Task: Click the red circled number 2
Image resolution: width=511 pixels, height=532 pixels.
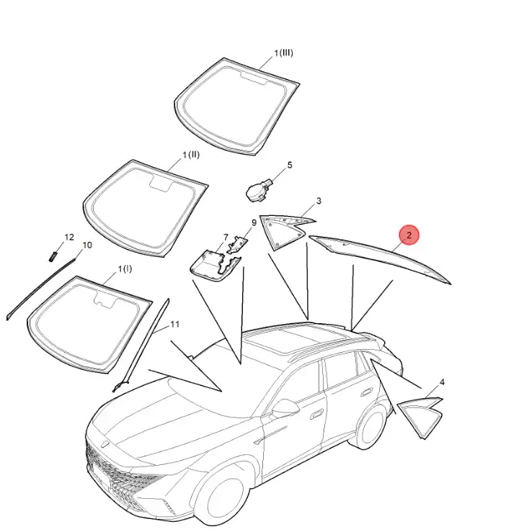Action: pos(409,235)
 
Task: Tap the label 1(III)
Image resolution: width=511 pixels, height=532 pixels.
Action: pos(284,53)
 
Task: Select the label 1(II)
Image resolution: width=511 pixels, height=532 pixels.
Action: pos(191,155)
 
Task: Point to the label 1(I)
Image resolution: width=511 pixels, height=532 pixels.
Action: pos(125,269)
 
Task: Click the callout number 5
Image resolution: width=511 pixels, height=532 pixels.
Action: pos(290,166)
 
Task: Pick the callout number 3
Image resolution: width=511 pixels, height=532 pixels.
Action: pos(319,201)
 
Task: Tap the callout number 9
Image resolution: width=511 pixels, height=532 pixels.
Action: pos(254,223)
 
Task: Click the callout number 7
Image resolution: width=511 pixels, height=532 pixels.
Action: pos(226,237)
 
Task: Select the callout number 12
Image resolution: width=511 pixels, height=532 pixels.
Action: pos(69,237)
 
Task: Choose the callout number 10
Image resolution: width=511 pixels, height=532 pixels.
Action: pos(87,245)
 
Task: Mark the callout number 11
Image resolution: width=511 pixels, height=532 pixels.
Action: pos(174,325)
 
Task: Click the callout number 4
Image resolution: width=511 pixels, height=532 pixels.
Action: pos(442,382)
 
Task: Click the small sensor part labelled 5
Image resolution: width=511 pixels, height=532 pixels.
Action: pos(259,190)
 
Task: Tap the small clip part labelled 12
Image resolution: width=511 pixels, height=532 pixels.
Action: pos(53,256)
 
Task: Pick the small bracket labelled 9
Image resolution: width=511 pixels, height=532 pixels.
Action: pos(239,244)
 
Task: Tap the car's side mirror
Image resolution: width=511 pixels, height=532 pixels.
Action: pos(285,408)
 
